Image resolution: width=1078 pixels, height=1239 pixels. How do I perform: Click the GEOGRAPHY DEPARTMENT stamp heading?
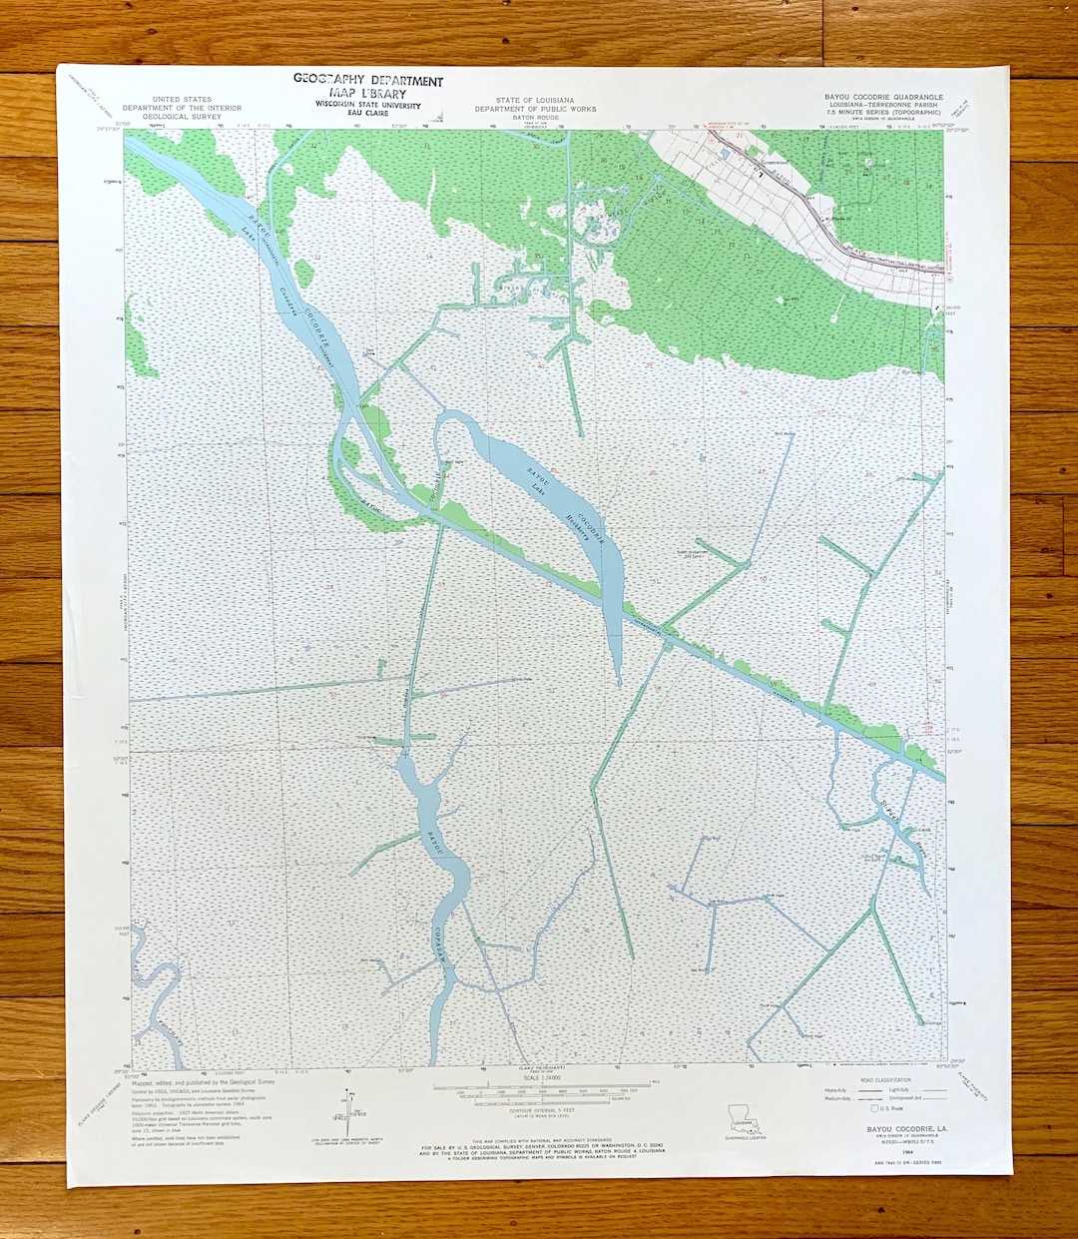tap(368, 80)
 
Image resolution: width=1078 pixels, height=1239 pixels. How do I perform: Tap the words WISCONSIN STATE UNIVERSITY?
tap(368, 105)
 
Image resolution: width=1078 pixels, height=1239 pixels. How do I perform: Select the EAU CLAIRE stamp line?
tap(368, 114)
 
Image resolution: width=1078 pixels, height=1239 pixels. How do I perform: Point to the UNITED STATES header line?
tap(182, 100)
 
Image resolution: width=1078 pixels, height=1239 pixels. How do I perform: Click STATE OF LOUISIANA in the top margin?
tap(536, 101)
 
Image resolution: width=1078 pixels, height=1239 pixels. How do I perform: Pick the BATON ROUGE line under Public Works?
tap(536, 118)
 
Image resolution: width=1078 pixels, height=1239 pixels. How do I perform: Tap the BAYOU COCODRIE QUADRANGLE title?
tap(883, 97)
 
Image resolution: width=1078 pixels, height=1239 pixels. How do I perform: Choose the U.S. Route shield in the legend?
tap(875, 1108)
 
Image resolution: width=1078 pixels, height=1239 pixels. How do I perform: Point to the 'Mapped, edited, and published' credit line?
tap(204, 1081)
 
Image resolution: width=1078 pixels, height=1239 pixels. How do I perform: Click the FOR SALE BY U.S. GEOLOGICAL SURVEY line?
tap(542, 1148)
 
